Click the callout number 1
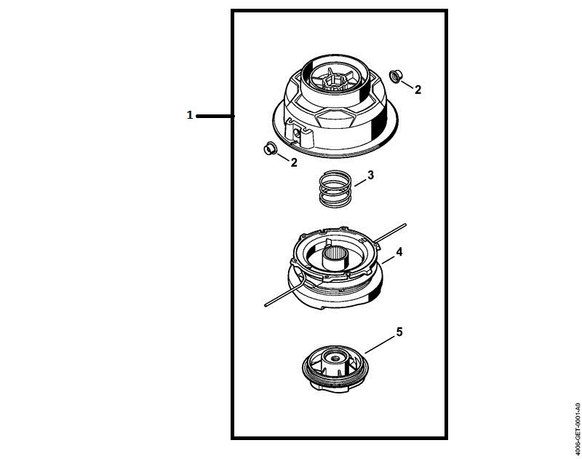(x=190, y=115)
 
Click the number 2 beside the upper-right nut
(x=418, y=90)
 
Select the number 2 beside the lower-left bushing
(x=294, y=162)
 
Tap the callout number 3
(x=371, y=175)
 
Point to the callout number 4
(x=399, y=251)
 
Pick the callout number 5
(x=399, y=331)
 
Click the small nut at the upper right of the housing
(x=394, y=76)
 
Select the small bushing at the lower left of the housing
(x=269, y=149)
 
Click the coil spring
(x=335, y=189)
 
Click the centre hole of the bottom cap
(x=335, y=358)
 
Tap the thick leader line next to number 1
(x=215, y=117)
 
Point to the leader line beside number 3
(x=360, y=182)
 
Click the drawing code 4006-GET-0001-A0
(x=578, y=428)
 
